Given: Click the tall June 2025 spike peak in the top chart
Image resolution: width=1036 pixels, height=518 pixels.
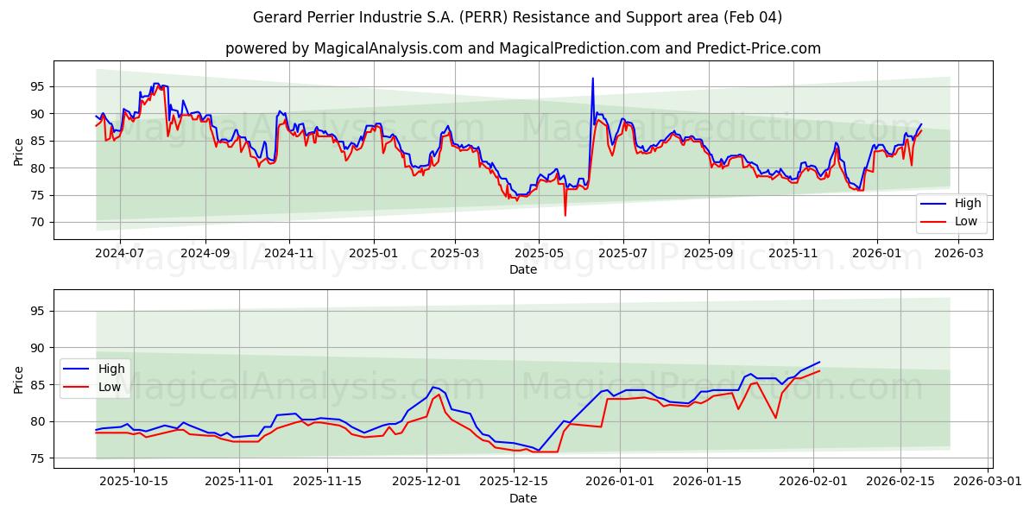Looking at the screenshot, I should [592, 79].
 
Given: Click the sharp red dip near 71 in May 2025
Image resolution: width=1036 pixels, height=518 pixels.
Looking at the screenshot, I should [565, 215].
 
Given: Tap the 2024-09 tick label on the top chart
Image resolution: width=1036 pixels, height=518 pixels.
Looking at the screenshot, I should [205, 254].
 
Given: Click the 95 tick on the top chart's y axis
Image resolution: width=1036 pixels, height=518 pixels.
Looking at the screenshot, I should [37, 86].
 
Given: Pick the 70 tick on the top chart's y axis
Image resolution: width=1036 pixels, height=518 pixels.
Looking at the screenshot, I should [37, 223].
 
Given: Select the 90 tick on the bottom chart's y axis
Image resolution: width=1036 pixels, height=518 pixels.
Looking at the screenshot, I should [37, 348].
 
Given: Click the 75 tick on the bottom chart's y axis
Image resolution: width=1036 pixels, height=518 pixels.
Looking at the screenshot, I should [37, 458].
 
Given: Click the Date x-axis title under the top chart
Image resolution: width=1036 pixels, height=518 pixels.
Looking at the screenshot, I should [522, 269].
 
